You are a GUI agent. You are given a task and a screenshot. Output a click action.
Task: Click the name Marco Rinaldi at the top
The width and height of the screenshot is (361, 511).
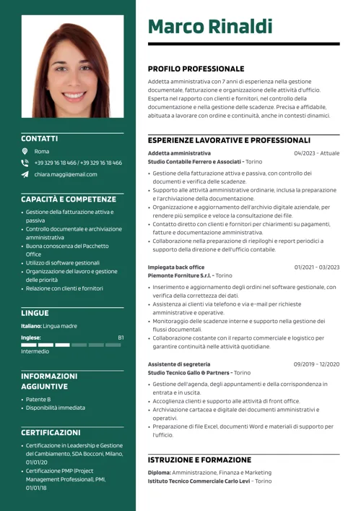pos(210,27)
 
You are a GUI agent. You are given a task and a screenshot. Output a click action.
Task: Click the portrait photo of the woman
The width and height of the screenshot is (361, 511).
pos(72,66)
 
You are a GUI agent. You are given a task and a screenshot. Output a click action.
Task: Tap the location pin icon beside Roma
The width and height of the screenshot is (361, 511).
pos(25,151)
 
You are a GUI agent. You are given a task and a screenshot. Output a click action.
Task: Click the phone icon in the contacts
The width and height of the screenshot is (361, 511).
pos(25,163)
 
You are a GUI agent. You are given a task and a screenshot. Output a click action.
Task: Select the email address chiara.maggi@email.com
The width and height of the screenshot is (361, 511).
pos(65,174)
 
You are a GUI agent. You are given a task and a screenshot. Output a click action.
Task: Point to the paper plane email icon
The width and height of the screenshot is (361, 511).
pos(25,174)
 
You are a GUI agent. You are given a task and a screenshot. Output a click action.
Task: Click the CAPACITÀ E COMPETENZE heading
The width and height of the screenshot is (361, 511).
pos(69,199)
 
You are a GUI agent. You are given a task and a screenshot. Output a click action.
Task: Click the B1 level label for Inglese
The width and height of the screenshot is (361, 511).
pos(121,338)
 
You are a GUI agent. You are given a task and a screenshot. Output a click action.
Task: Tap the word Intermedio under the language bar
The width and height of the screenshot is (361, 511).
pos(35,351)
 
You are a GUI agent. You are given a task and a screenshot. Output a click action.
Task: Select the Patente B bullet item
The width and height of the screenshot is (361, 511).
pos(38,399)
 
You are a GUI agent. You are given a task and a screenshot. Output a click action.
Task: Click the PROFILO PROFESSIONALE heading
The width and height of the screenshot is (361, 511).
pos(196,69)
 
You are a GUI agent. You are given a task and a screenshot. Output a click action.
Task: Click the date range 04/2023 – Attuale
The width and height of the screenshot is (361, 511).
pos(316,153)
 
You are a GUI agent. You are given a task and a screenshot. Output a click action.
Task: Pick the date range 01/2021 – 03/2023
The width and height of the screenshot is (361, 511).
pos(316,267)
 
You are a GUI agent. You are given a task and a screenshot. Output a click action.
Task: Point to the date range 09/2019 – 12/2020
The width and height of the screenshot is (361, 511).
pos(316,364)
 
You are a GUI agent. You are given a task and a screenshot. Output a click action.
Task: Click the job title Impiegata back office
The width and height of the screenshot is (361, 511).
pos(176,267)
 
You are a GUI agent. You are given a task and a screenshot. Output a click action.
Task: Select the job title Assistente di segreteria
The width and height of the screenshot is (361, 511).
pos(179,364)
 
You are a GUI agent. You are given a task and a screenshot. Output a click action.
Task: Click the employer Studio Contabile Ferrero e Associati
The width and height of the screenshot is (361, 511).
pos(195,162)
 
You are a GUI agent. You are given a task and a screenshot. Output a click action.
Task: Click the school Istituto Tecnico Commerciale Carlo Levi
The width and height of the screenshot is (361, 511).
pos(199,481)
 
